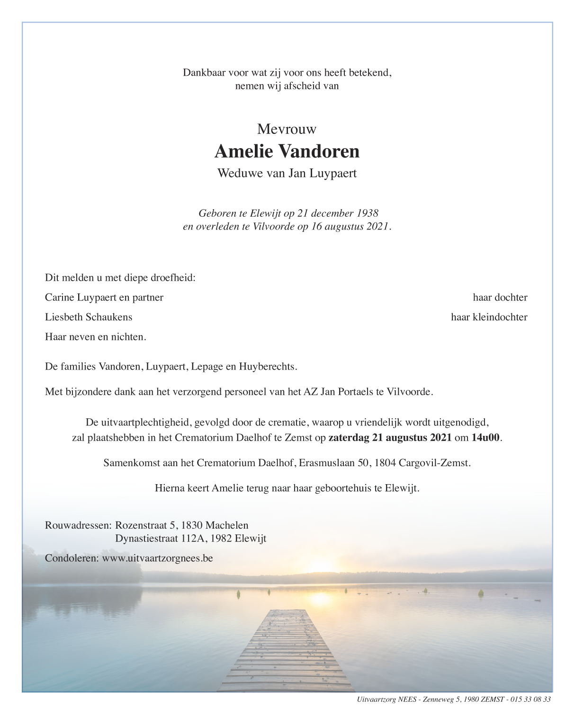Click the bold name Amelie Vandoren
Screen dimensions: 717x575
[x=287, y=151]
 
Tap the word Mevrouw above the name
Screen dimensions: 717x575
[x=287, y=129]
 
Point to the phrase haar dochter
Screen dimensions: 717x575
[x=500, y=298]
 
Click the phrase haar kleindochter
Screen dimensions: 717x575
[x=489, y=318]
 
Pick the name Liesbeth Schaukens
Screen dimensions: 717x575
[x=89, y=318]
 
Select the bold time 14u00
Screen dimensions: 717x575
[x=485, y=438]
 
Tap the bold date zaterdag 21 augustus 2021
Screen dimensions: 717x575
[x=390, y=438]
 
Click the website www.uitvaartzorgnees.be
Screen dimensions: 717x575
[x=157, y=558]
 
